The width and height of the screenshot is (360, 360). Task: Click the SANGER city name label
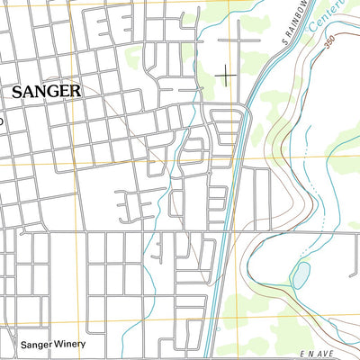click(46, 91)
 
